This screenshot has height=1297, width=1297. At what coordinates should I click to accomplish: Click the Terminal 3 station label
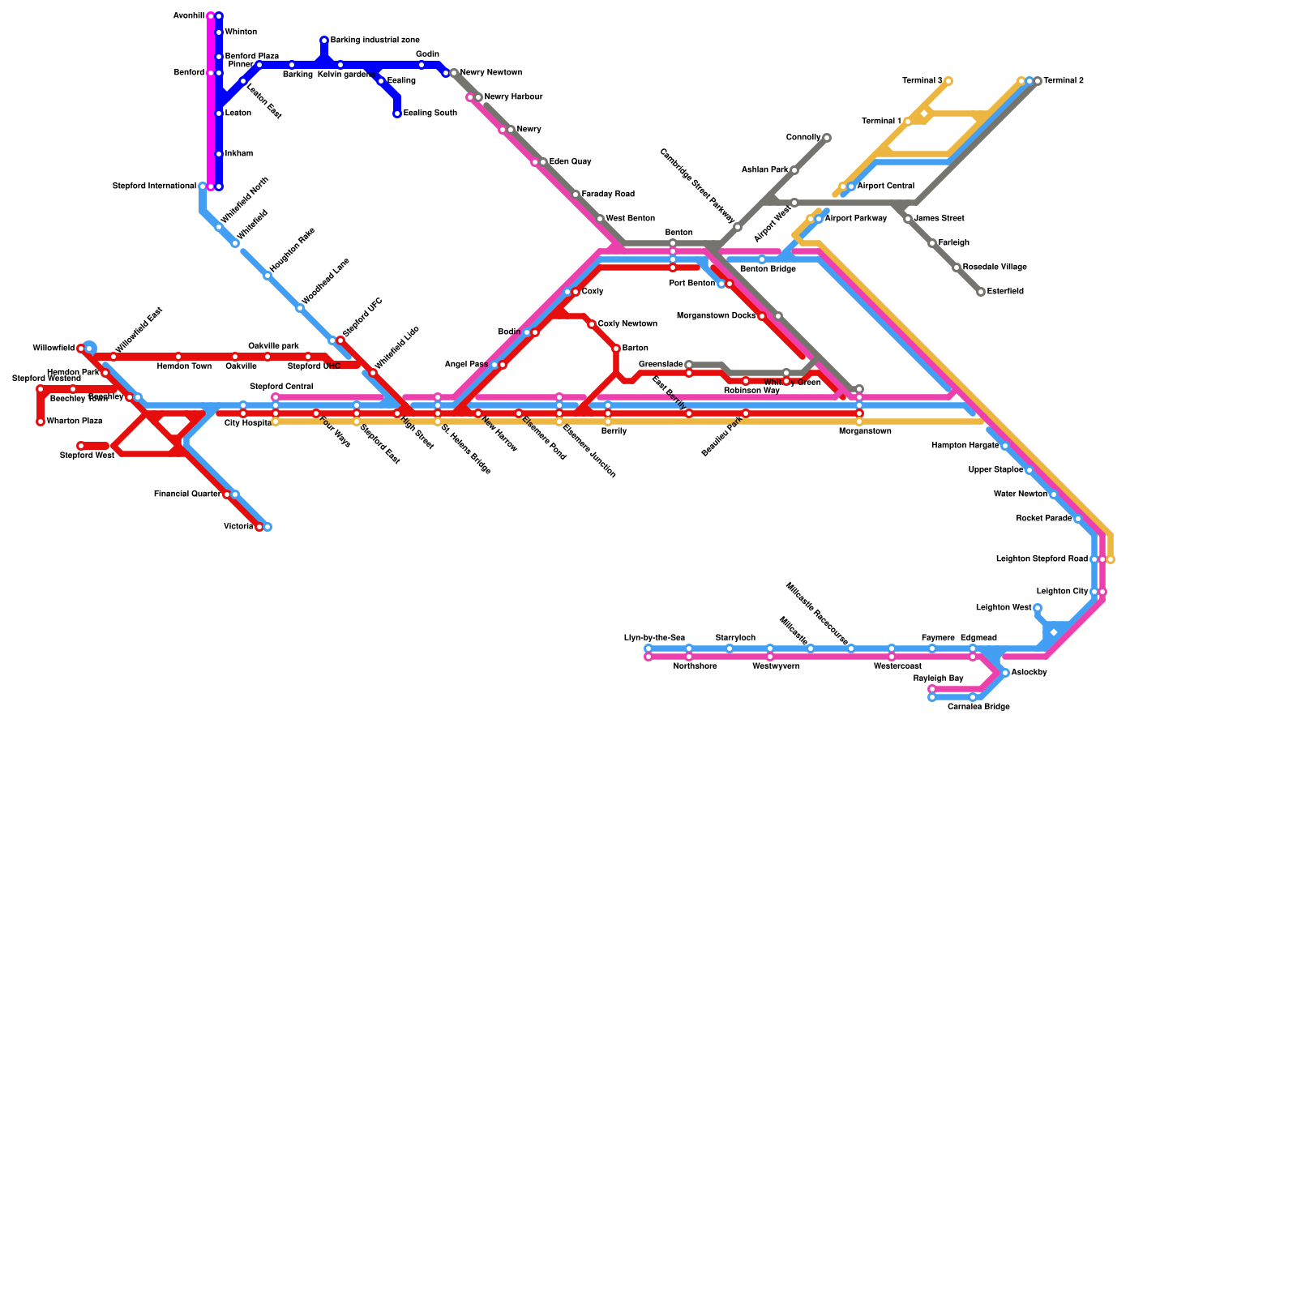coord(922,81)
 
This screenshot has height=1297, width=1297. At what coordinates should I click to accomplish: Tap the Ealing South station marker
coord(397,113)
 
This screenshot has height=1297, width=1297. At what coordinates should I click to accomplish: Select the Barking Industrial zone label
coord(375,41)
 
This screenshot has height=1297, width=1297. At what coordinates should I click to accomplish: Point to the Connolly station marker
coord(827,138)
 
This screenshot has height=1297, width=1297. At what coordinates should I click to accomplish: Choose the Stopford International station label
coord(154,186)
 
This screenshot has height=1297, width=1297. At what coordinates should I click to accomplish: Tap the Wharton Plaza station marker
coord(41,422)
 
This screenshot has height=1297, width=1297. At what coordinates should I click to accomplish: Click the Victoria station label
coord(238,527)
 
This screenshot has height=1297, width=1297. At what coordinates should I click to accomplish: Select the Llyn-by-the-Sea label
coord(654,638)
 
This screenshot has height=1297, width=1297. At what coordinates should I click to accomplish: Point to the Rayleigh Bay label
coord(938,678)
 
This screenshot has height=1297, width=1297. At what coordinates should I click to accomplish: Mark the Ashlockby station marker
coord(1005,673)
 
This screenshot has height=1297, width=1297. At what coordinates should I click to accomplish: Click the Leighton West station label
coord(1004,608)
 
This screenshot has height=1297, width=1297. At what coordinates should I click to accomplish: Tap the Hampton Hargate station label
coord(965,446)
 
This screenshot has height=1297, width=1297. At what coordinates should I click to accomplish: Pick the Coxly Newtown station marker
coord(592,324)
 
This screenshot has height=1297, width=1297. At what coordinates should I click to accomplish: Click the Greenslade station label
coord(661,365)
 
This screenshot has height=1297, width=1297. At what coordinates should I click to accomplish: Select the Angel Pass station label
coord(466,365)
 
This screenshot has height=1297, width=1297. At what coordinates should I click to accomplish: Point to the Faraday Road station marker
coord(576,195)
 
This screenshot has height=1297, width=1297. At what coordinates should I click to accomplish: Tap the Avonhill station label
coord(188,16)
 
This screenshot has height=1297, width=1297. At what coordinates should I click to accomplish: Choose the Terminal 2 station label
coord(1064,81)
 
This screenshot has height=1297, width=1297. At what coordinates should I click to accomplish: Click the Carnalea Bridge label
coord(978,707)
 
